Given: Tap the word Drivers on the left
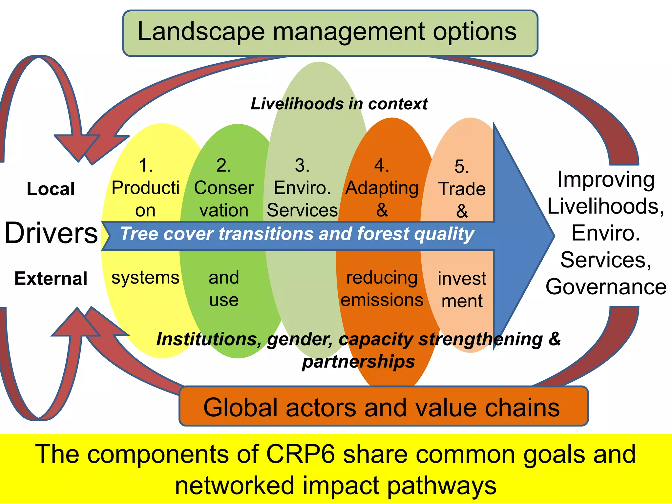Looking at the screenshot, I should click(x=51, y=233).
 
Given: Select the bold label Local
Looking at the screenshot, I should click(x=51, y=189).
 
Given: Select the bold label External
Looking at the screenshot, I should click(x=51, y=279).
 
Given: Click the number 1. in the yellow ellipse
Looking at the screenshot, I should click(x=146, y=165).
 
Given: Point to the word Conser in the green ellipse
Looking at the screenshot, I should click(x=224, y=188).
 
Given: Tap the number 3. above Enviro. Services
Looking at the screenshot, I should click(x=302, y=165).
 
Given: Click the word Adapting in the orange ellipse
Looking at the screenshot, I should click(x=382, y=188).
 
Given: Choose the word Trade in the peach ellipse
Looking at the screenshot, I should click(x=462, y=189).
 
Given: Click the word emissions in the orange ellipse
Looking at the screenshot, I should click(x=382, y=300).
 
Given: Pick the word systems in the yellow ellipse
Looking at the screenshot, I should click(x=145, y=278).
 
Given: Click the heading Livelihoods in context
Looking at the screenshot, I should click(x=339, y=104).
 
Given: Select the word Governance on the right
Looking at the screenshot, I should click(x=606, y=287).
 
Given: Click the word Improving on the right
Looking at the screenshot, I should click(x=606, y=180).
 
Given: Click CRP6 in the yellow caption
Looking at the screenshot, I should click(x=300, y=454).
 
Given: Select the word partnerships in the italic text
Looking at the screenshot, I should click(x=358, y=362).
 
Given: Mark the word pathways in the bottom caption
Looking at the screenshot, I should click(x=442, y=486).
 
